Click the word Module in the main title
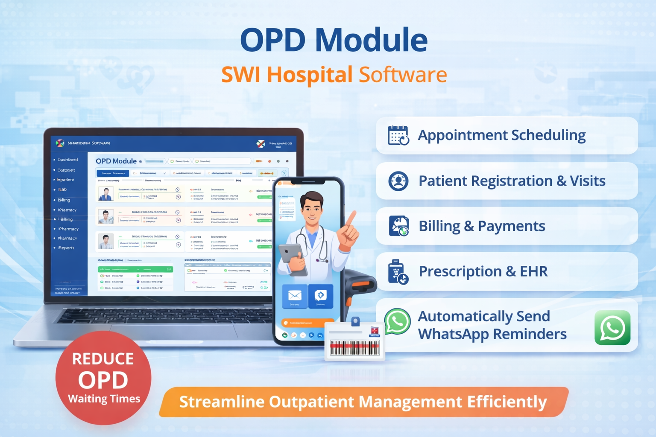(x=371, y=40)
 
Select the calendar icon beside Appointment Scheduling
(x=398, y=136)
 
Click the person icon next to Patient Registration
(x=398, y=181)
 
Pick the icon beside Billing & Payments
(x=398, y=226)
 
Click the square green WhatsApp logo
(x=612, y=328)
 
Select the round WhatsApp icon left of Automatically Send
(x=397, y=321)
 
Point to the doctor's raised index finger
(x=352, y=218)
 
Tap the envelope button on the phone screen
(x=295, y=296)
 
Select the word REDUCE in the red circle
(x=103, y=359)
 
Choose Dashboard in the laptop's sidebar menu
(x=67, y=160)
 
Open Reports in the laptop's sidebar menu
(x=66, y=248)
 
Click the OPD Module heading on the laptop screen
(x=116, y=161)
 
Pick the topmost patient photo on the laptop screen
(x=105, y=194)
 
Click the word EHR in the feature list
(x=533, y=271)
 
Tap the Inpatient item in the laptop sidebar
(x=65, y=180)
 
